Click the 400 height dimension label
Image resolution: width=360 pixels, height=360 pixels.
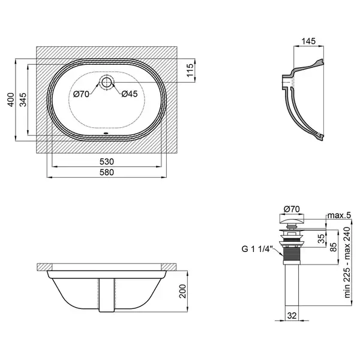pyautogui.click(x=11, y=100)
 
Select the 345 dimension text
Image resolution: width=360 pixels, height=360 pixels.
pyautogui.click(x=23, y=100)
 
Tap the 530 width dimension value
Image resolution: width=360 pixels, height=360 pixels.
pyautogui.click(x=107, y=161)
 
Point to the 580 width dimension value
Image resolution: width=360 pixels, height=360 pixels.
pyautogui.click(x=107, y=172)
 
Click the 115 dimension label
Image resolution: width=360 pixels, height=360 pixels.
pyautogui.click(x=190, y=70)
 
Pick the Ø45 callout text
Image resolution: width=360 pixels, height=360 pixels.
pyautogui.click(x=130, y=94)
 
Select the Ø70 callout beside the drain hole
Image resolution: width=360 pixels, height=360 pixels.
pyautogui.click(x=81, y=94)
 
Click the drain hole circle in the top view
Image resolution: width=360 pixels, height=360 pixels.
pyautogui.click(x=107, y=82)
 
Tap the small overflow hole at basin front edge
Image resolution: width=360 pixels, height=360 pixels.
pyautogui.click(x=106, y=133)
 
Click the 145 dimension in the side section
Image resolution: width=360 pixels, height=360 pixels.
pyautogui.click(x=308, y=41)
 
